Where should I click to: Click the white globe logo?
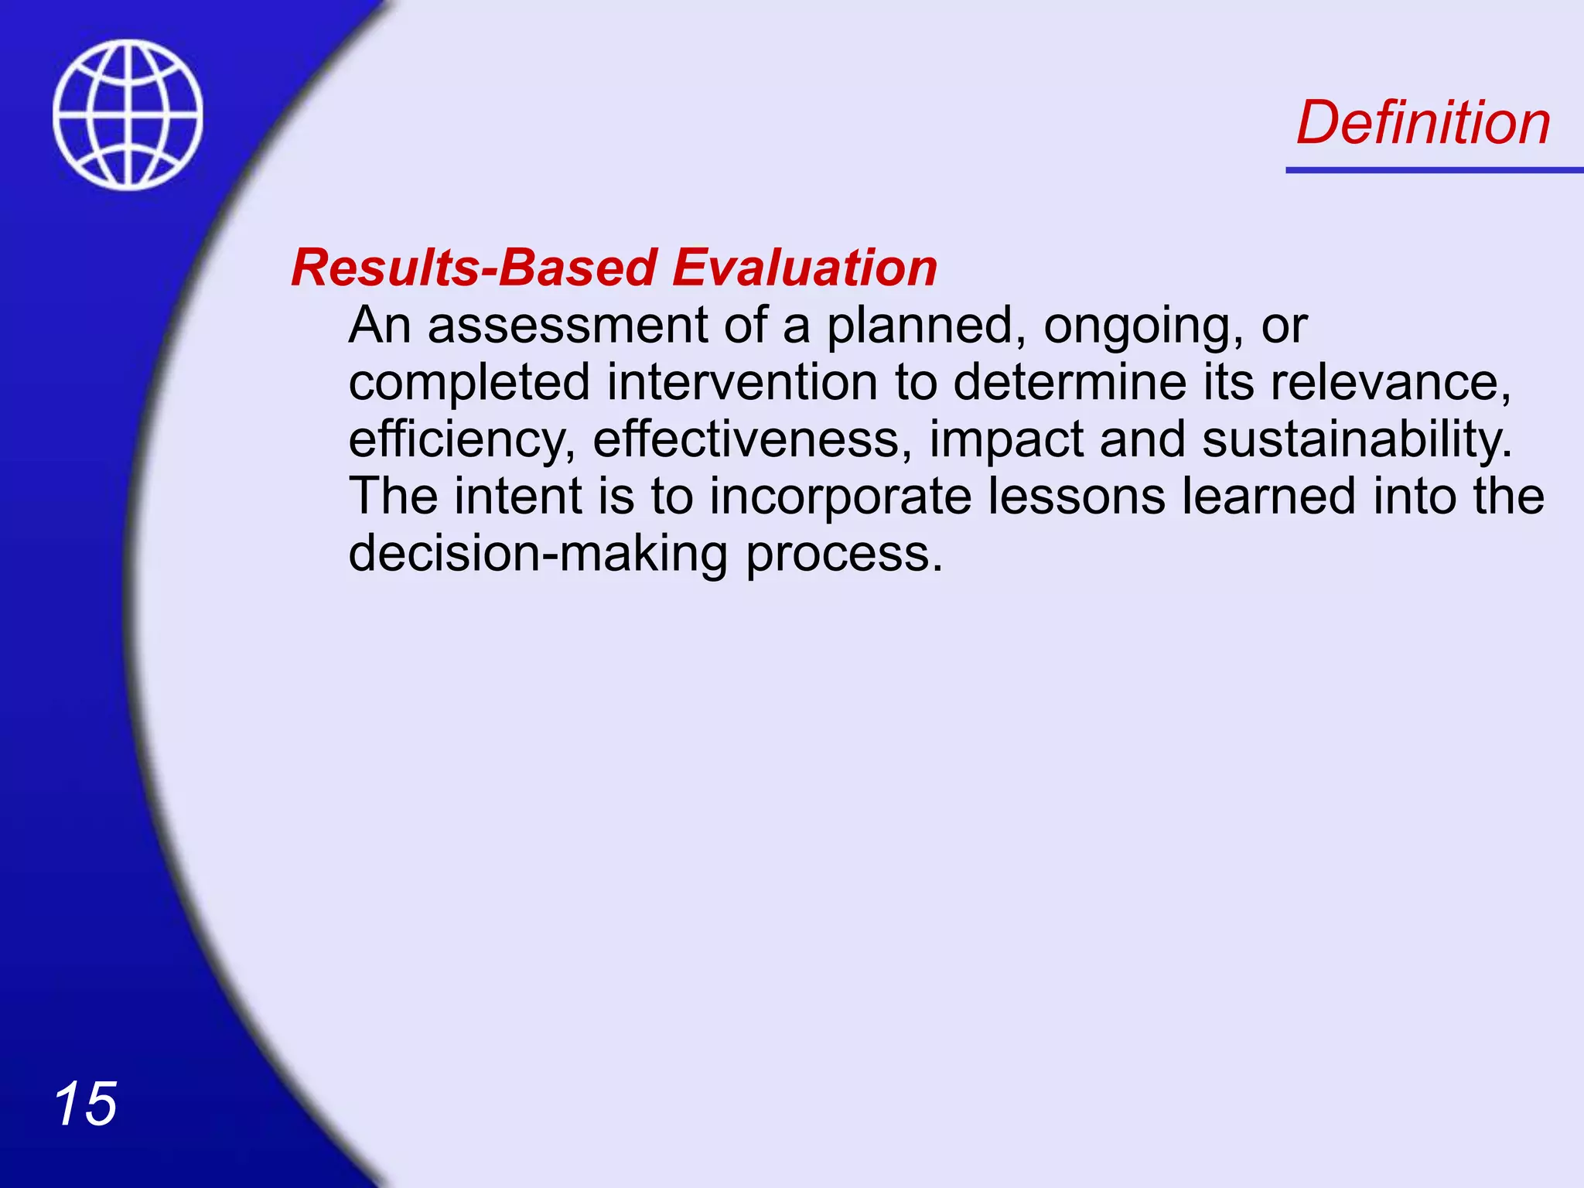128,114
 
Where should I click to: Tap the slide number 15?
85,1104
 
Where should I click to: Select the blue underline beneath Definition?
1433,169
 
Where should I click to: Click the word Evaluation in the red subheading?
804,268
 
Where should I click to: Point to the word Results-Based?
474,268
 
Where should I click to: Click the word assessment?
567,325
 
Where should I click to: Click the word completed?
469,384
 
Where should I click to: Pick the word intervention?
742,382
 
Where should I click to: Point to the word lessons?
1077,497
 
